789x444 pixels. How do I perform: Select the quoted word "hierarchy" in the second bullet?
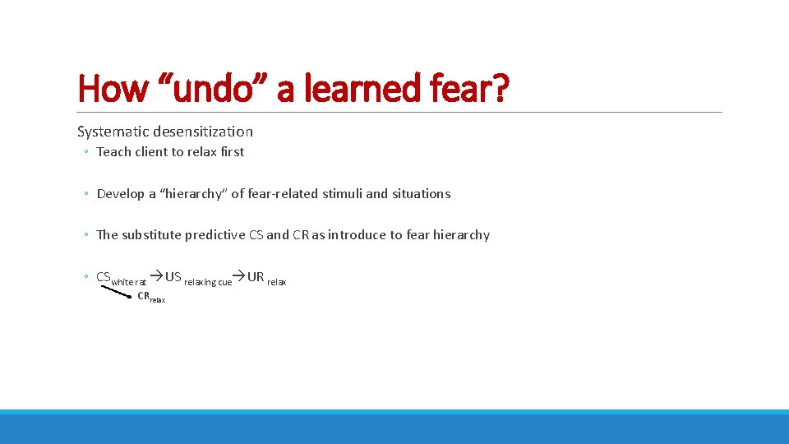click(195, 194)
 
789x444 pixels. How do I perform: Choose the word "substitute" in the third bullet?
click(151, 235)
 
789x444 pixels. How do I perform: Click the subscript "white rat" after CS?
click(129, 283)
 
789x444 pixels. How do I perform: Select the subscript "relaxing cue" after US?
click(207, 283)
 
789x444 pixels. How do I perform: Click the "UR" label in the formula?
click(256, 277)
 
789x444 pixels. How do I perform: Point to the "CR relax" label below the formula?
click(151, 297)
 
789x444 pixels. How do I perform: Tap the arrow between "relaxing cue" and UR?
click(239, 278)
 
